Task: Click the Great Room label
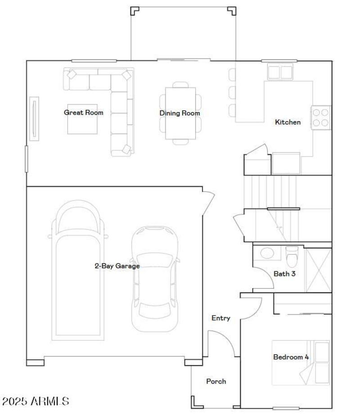[x=83, y=113]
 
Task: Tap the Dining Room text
[x=180, y=113]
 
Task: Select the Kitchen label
[x=288, y=122]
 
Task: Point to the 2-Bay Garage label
[x=117, y=266]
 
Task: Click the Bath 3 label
[x=284, y=273]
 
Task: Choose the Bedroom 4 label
[x=291, y=357]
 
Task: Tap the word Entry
[x=221, y=318]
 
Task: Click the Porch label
[x=216, y=381]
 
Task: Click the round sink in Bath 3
[x=267, y=253]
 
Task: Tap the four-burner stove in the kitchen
[x=321, y=117]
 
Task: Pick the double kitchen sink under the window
[x=280, y=72]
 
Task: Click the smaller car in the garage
[x=154, y=278]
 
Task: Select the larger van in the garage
[x=79, y=270]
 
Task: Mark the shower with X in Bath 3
[x=318, y=269]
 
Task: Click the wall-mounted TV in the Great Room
[x=34, y=118]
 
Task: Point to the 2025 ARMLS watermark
[x=35, y=401]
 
